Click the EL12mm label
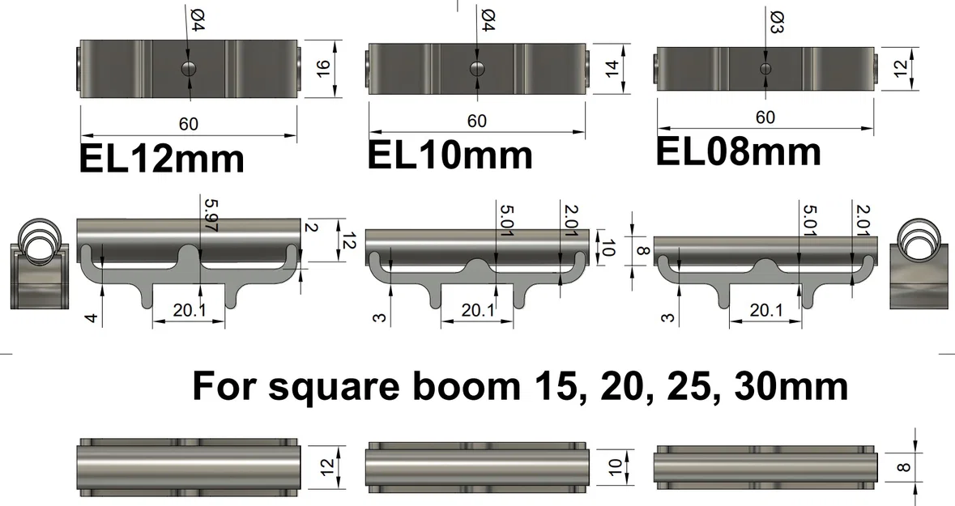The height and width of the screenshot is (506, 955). tap(161, 159)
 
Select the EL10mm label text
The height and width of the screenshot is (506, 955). tap(450, 154)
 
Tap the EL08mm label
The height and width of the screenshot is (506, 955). tap(738, 151)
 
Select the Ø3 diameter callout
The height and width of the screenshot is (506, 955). tap(775, 19)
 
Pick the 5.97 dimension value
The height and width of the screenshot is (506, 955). tap(211, 215)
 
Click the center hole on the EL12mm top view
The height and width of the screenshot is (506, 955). tap(189, 67)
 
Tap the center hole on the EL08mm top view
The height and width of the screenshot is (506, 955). tap(765, 68)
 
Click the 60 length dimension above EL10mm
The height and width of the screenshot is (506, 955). tap(477, 121)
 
